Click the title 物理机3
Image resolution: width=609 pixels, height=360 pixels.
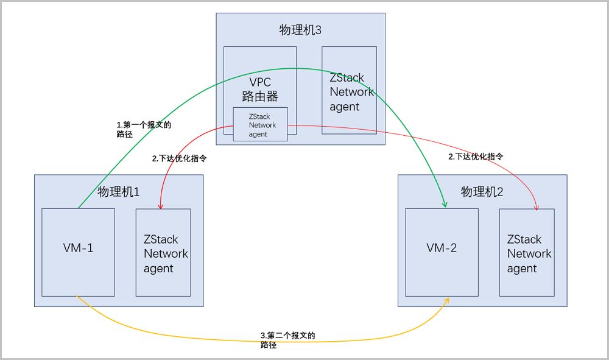pyautogui.click(x=300, y=30)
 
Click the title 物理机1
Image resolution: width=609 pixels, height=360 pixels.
pyautogui.click(x=119, y=192)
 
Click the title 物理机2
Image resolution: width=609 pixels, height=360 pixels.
pyautogui.click(x=482, y=192)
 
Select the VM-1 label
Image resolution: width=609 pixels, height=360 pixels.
pyautogui.click(x=78, y=248)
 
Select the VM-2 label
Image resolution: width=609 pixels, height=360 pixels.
pyautogui.click(x=442, y=248)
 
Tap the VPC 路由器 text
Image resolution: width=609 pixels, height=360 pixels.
pyautogui.click(x=260, y=89)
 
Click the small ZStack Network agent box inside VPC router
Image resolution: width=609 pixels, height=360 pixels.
pyautogui.click(x=260, y=125)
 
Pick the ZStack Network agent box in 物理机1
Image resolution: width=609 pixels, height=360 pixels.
pyautogui.click(x=163, y=253)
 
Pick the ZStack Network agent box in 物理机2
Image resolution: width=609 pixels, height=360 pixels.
pyautogui.click(x=527, y=253)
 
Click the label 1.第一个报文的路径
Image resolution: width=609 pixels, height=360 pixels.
pyautogui.click(x=144, y=129)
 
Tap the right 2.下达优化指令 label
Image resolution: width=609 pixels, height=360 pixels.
pyautogui.click(x=476, y=156)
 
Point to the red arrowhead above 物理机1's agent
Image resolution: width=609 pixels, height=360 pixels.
pyautogui.click(x=161, y=206)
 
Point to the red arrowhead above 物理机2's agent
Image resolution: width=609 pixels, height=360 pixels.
pyautogui.click(x=537, y=207)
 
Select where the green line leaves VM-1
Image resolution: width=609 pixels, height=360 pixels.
pyautogui.click(x=79, y=208)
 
